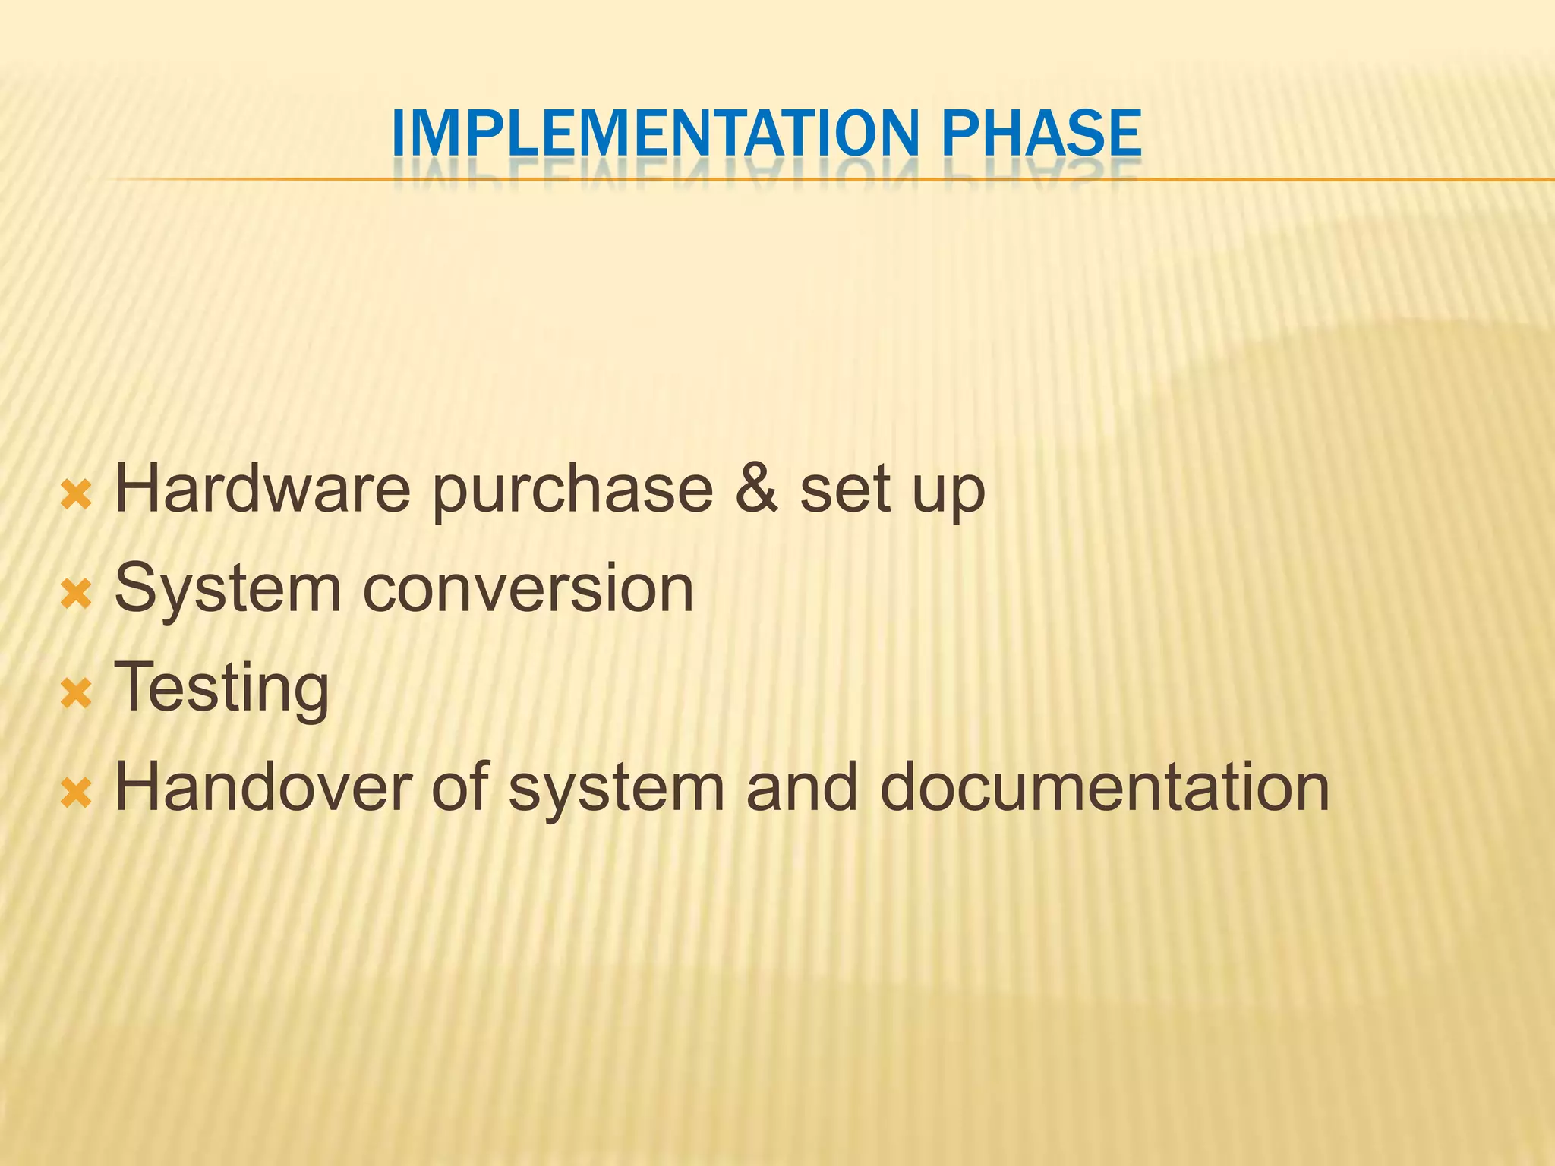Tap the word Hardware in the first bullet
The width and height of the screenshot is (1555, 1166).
(262, 490)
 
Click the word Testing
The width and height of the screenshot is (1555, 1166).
(222, 689)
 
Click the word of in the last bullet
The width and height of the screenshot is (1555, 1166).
(459, 788)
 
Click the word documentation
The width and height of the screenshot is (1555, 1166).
(1105, 788)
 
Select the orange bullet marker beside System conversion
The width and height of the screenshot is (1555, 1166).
(76, 595)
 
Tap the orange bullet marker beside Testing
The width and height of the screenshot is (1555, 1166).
(76, 694)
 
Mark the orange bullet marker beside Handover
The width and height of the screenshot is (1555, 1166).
(76, 793)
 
